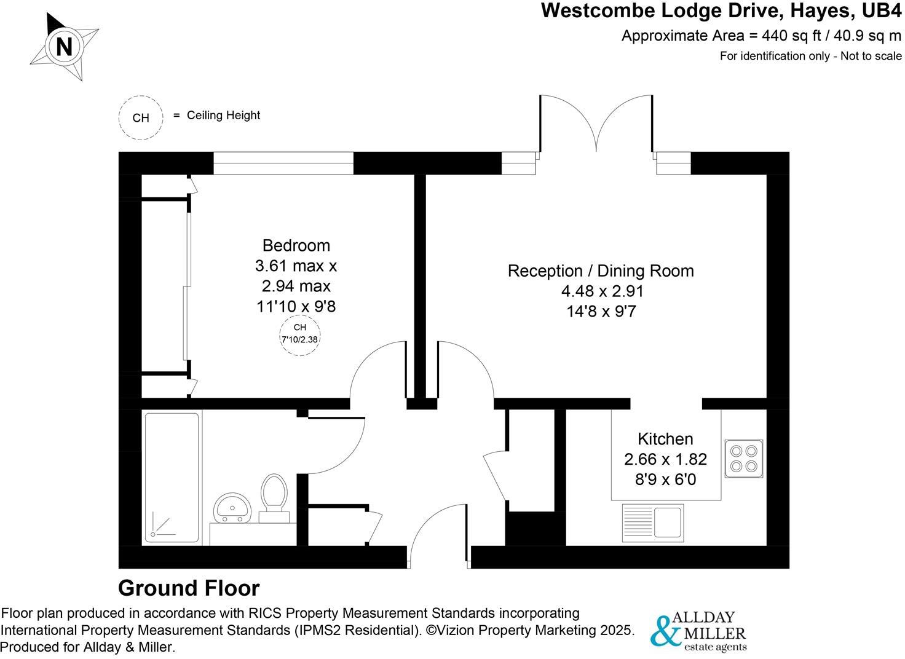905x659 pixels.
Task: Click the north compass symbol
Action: coord(64,47)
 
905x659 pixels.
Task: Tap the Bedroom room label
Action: coord(296,245)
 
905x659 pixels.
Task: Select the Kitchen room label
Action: coord(665,439)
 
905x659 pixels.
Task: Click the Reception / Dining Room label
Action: coord(600,271)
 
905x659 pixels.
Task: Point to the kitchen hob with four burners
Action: coord(744,459)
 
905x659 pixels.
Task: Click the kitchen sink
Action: coord(652,521)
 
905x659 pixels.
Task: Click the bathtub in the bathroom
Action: coord(172,478)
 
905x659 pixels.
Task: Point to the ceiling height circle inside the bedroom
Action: coord(299,334)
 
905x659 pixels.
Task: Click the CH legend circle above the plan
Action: coord(141,117)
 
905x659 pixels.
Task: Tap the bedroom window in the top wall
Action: coord(283,164)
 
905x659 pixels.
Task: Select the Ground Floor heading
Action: coord(189,588)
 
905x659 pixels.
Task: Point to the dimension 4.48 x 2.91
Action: coord(600,291)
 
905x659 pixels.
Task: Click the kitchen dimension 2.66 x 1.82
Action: coord(665,459)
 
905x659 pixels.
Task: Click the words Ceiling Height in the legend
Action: coord(223,116)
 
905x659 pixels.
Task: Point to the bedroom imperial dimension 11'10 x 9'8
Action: coord(296,306)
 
